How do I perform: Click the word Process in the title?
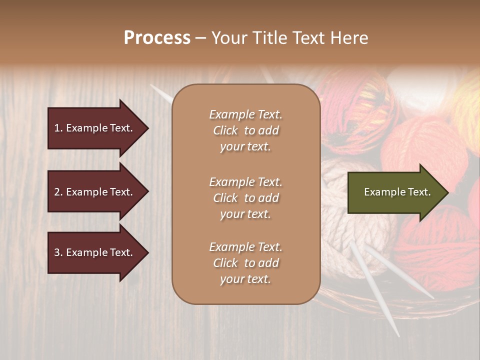[157, 38]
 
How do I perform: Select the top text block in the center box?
[245, 130]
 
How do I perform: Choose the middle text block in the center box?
[245, 198]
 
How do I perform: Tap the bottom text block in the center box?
[245, 263]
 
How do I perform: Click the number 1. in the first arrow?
[58, 128]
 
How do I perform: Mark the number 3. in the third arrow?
[58, 252]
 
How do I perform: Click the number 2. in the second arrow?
[58, 192]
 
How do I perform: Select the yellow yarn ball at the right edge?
[467, 110]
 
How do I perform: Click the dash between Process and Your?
[200, 38]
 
